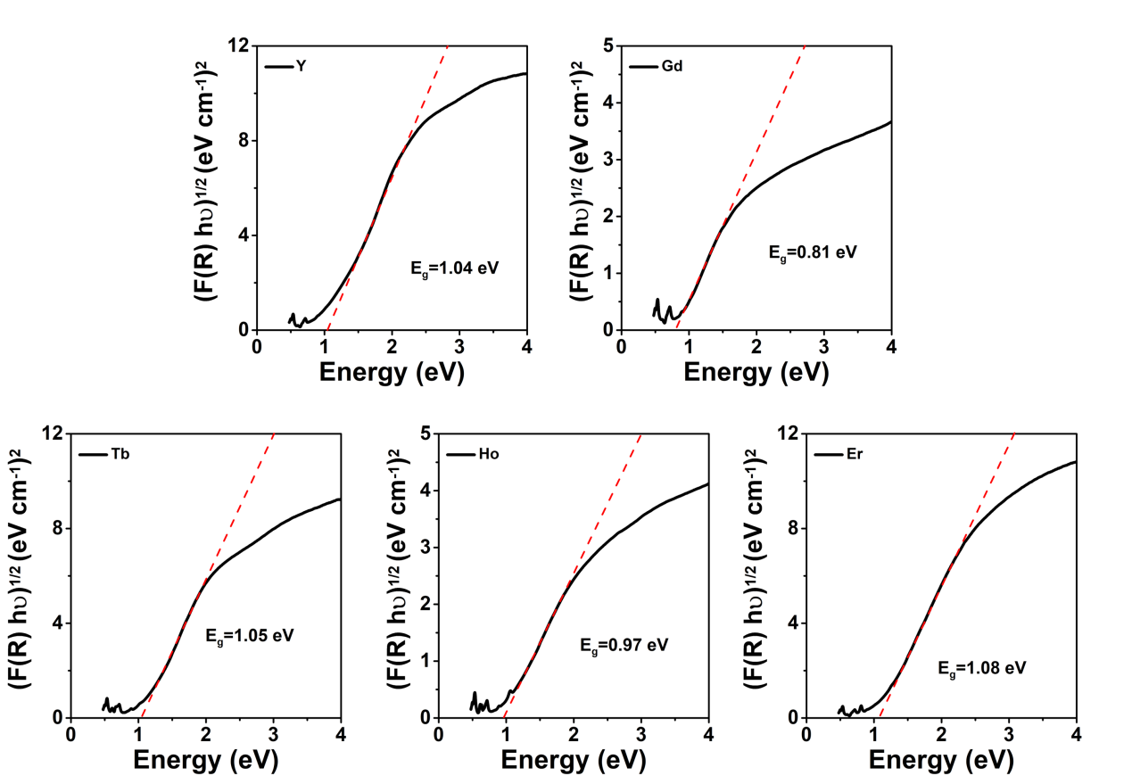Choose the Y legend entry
click(301, 67)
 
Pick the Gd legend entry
click(671, 66)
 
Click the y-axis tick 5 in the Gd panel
click(607, 45)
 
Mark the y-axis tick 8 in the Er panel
click(790, 528)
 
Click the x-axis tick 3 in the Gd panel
click(823, 347)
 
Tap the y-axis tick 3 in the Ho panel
click(424, 547)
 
